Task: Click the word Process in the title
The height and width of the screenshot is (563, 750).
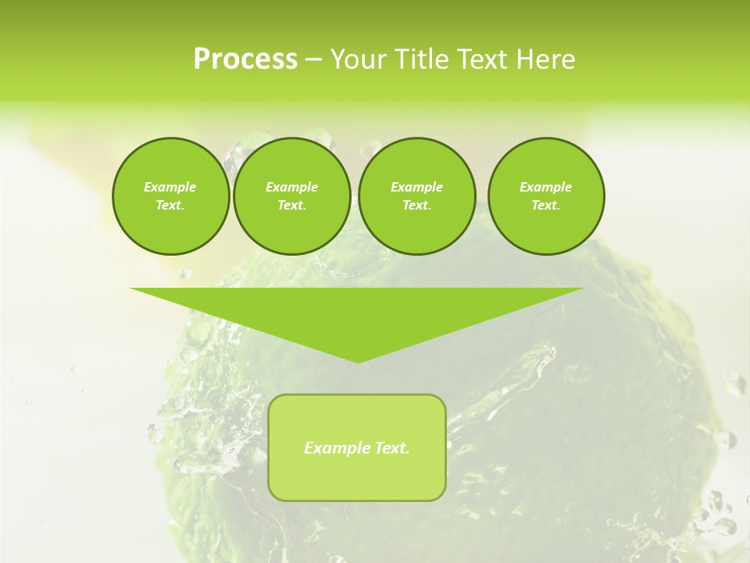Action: click(245, 59)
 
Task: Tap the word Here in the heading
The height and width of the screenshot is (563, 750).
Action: click(545, 59)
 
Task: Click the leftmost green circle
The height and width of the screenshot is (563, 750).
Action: click(170, 196)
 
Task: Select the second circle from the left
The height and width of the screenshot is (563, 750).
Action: click(292, 196)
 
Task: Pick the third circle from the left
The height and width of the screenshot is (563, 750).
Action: click(416, 196)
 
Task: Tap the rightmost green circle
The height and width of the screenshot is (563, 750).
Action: click(546, 196)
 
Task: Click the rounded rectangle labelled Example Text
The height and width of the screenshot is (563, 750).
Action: click(357, 447)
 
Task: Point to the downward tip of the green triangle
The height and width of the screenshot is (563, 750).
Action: click(358, 361)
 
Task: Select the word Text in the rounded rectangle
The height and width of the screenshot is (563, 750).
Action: click(392, 448)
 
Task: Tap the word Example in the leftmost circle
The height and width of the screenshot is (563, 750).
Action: click(170, 187)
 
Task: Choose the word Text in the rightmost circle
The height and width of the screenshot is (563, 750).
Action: click(545, 206)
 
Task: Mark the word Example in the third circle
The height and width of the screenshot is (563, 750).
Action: click(416, 187)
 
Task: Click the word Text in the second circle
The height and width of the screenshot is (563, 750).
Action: click(291, 206)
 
